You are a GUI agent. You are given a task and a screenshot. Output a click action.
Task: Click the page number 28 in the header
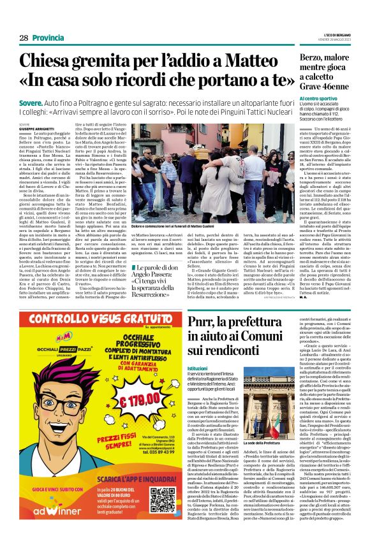[24, 38]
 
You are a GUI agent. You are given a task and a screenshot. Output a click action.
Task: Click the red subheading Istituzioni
[198, 367]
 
